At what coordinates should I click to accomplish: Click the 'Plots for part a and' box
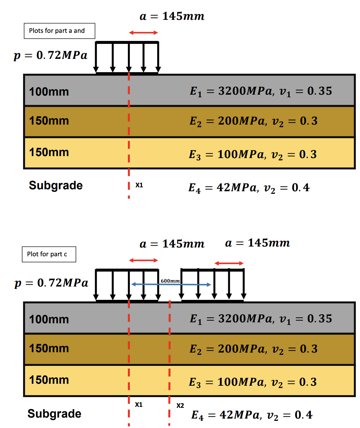[x=59, y=31]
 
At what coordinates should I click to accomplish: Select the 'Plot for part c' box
[x=49, y=254]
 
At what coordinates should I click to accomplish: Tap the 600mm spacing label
[x=170, y=281]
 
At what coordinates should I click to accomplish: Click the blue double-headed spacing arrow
[x=171, y=285]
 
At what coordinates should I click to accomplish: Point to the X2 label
[x=180, y=406]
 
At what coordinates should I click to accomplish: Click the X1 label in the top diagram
[x=139, y=185]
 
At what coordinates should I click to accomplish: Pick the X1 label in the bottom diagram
[x=139, y=405]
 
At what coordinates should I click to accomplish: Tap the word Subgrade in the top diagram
[x=56, y=185]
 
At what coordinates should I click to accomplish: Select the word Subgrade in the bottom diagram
[x=54, y=414]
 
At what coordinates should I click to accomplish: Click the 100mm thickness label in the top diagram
[x=49, y=92]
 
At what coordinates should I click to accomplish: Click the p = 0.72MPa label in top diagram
[x=50, y=55]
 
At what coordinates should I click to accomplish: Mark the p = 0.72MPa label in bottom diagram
[x=51, y=283]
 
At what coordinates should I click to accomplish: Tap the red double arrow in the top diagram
[x=143, y=33]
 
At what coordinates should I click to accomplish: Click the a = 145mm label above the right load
[x=257, y=243]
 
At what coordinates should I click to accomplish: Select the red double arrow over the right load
[x=229, y=263]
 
